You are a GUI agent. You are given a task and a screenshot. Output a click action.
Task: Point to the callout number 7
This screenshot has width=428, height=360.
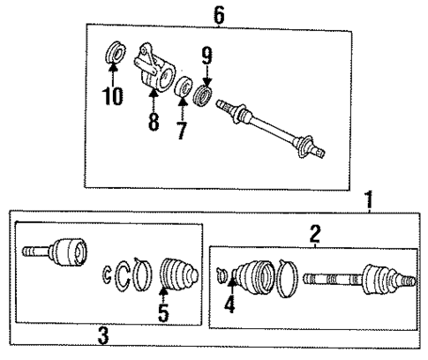coord(183,131)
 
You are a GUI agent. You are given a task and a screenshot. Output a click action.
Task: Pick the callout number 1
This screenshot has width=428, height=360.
coord(369,200)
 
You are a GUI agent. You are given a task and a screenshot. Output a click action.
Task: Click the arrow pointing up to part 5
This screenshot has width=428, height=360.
coord(162,291)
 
